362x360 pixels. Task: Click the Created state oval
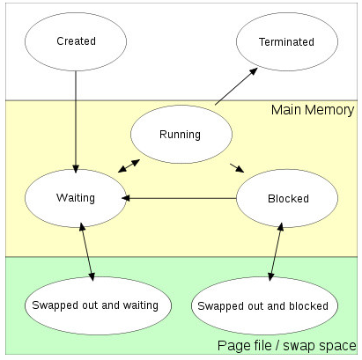76,41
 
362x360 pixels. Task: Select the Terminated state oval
287,41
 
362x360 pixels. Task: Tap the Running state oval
181,134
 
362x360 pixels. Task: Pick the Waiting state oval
76,198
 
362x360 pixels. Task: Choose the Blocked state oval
287,198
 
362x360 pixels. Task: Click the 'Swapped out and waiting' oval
98,305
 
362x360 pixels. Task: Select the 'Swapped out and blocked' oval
264,305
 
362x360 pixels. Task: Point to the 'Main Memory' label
313,110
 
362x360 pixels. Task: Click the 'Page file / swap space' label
287,345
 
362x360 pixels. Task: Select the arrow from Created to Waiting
76,121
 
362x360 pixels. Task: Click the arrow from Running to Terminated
236,86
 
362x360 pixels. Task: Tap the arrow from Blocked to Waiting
179,198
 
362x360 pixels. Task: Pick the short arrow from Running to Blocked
237,168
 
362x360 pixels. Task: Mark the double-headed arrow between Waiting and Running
129,165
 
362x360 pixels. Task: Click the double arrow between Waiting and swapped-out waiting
87,252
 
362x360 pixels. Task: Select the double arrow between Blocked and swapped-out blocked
276,252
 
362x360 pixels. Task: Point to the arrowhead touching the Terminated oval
254,71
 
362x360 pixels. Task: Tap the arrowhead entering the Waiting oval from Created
76,169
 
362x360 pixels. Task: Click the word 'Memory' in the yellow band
329,110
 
